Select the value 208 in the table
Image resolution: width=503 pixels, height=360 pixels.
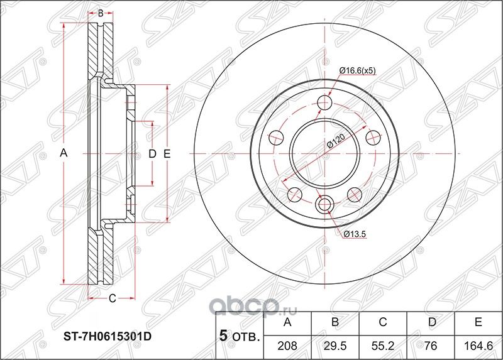click(x=288, y=345)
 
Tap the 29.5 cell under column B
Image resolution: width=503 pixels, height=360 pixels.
click(x=335, y=345)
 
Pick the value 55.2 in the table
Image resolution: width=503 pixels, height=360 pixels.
click(x=383, y=345)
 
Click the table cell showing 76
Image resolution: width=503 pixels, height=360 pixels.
click(x=430, y=345)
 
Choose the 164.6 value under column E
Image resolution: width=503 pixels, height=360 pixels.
click(x=478, y=345)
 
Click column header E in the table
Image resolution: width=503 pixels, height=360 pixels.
click(x=478, y=323)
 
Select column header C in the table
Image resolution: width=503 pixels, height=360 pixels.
click(x=383, y=323)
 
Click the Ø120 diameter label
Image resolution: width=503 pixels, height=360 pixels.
click(x=334, y=144)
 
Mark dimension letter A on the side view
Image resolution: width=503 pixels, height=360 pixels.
click(x=63, y=153)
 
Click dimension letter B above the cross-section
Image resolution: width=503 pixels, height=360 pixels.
click(x=99, y=13)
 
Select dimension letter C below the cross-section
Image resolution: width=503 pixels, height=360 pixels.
click(x=112, y=298)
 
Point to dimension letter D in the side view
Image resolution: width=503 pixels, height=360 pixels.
click(x=152, y=153)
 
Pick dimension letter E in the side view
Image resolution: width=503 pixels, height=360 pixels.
click(x=167, y=153)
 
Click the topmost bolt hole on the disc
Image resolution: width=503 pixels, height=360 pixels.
click(x=325, y=102)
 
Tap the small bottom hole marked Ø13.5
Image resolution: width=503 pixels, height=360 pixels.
click(x=325, y=204)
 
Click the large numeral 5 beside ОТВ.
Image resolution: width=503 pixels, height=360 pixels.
click(x=222, y=334)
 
